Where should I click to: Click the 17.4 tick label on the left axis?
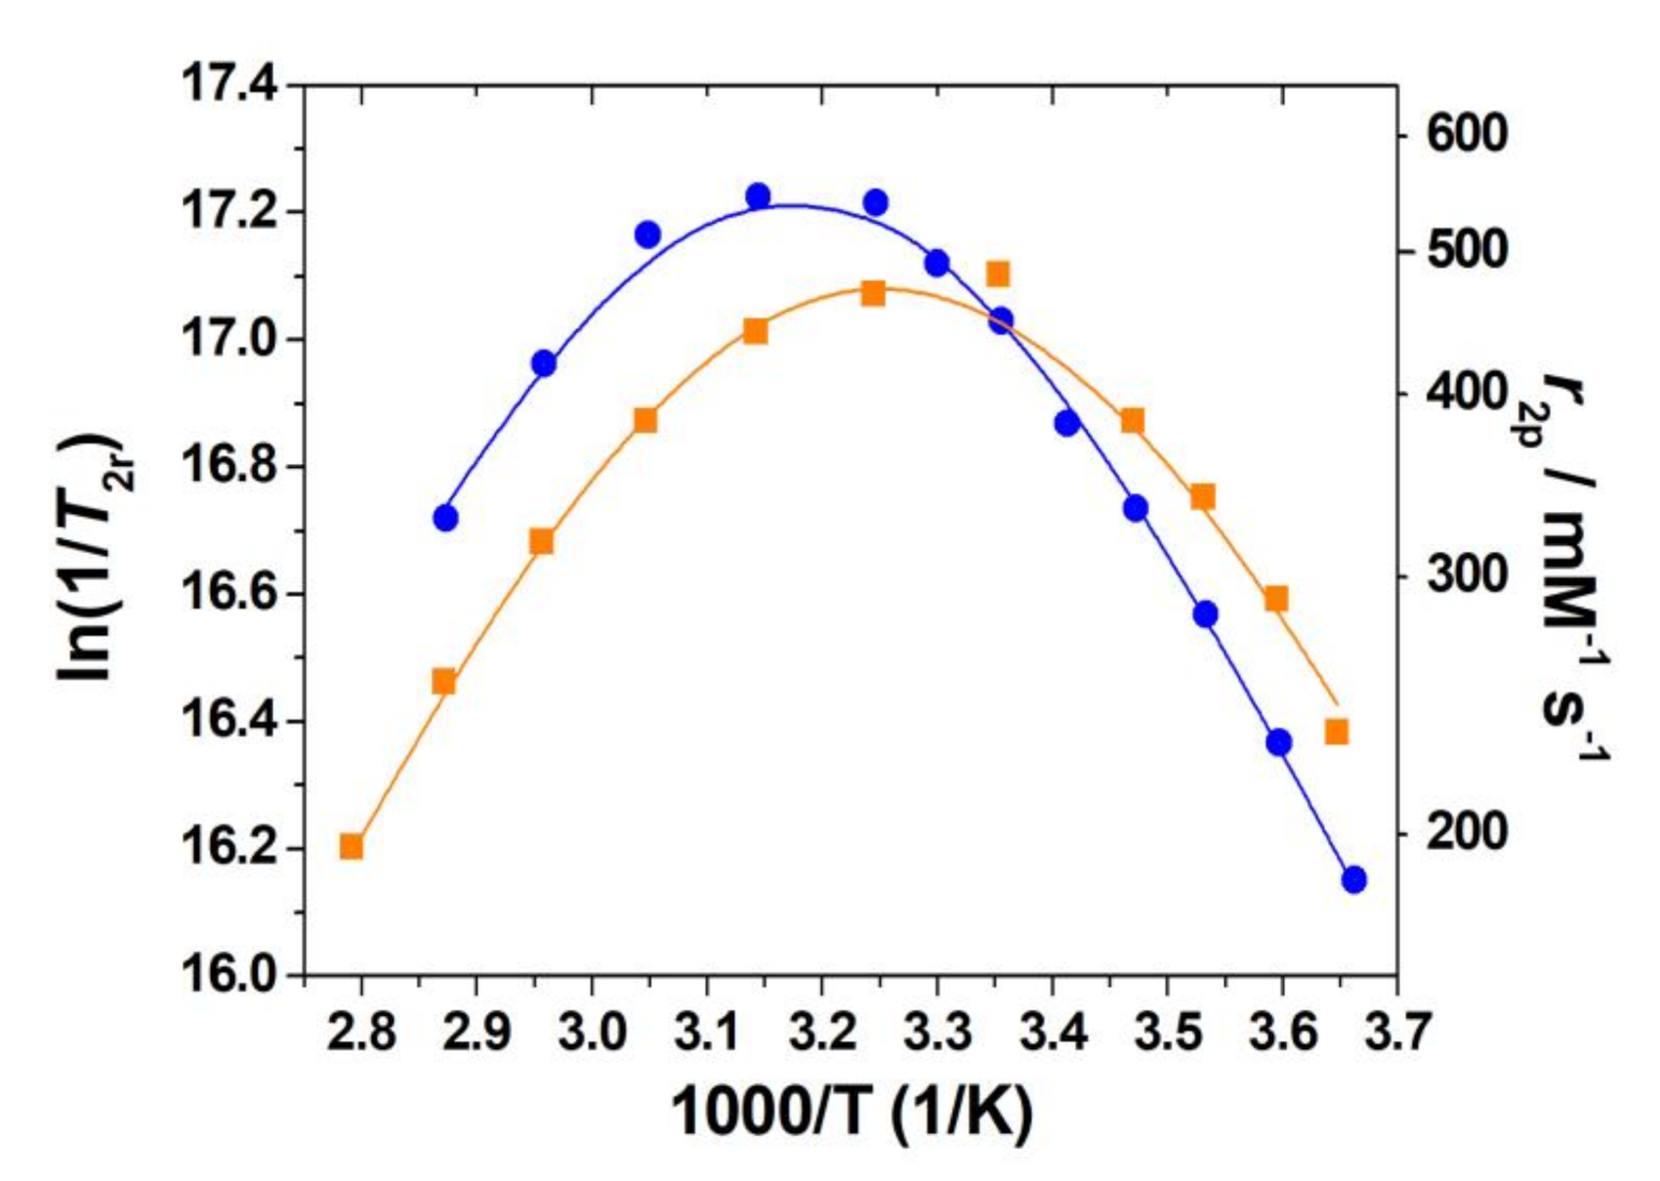click(228, 85)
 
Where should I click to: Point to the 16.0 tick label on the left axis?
click(228, 975)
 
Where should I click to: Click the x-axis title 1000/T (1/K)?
click(850, 1111)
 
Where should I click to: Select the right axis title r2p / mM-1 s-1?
click(1572, 567)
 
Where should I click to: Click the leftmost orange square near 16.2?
click(352, 847)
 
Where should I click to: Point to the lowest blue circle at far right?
click(1353, 880)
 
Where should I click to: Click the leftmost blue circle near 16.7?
click(445, 518)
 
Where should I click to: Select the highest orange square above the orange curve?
click(997, 274)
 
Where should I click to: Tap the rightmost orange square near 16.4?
click(1337, 733)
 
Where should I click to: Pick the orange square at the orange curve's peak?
click(873, 294)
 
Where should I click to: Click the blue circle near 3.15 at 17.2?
click(759, 196)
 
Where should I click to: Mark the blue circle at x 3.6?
click(1279, 742)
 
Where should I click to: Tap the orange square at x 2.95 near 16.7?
click(542, 542)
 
